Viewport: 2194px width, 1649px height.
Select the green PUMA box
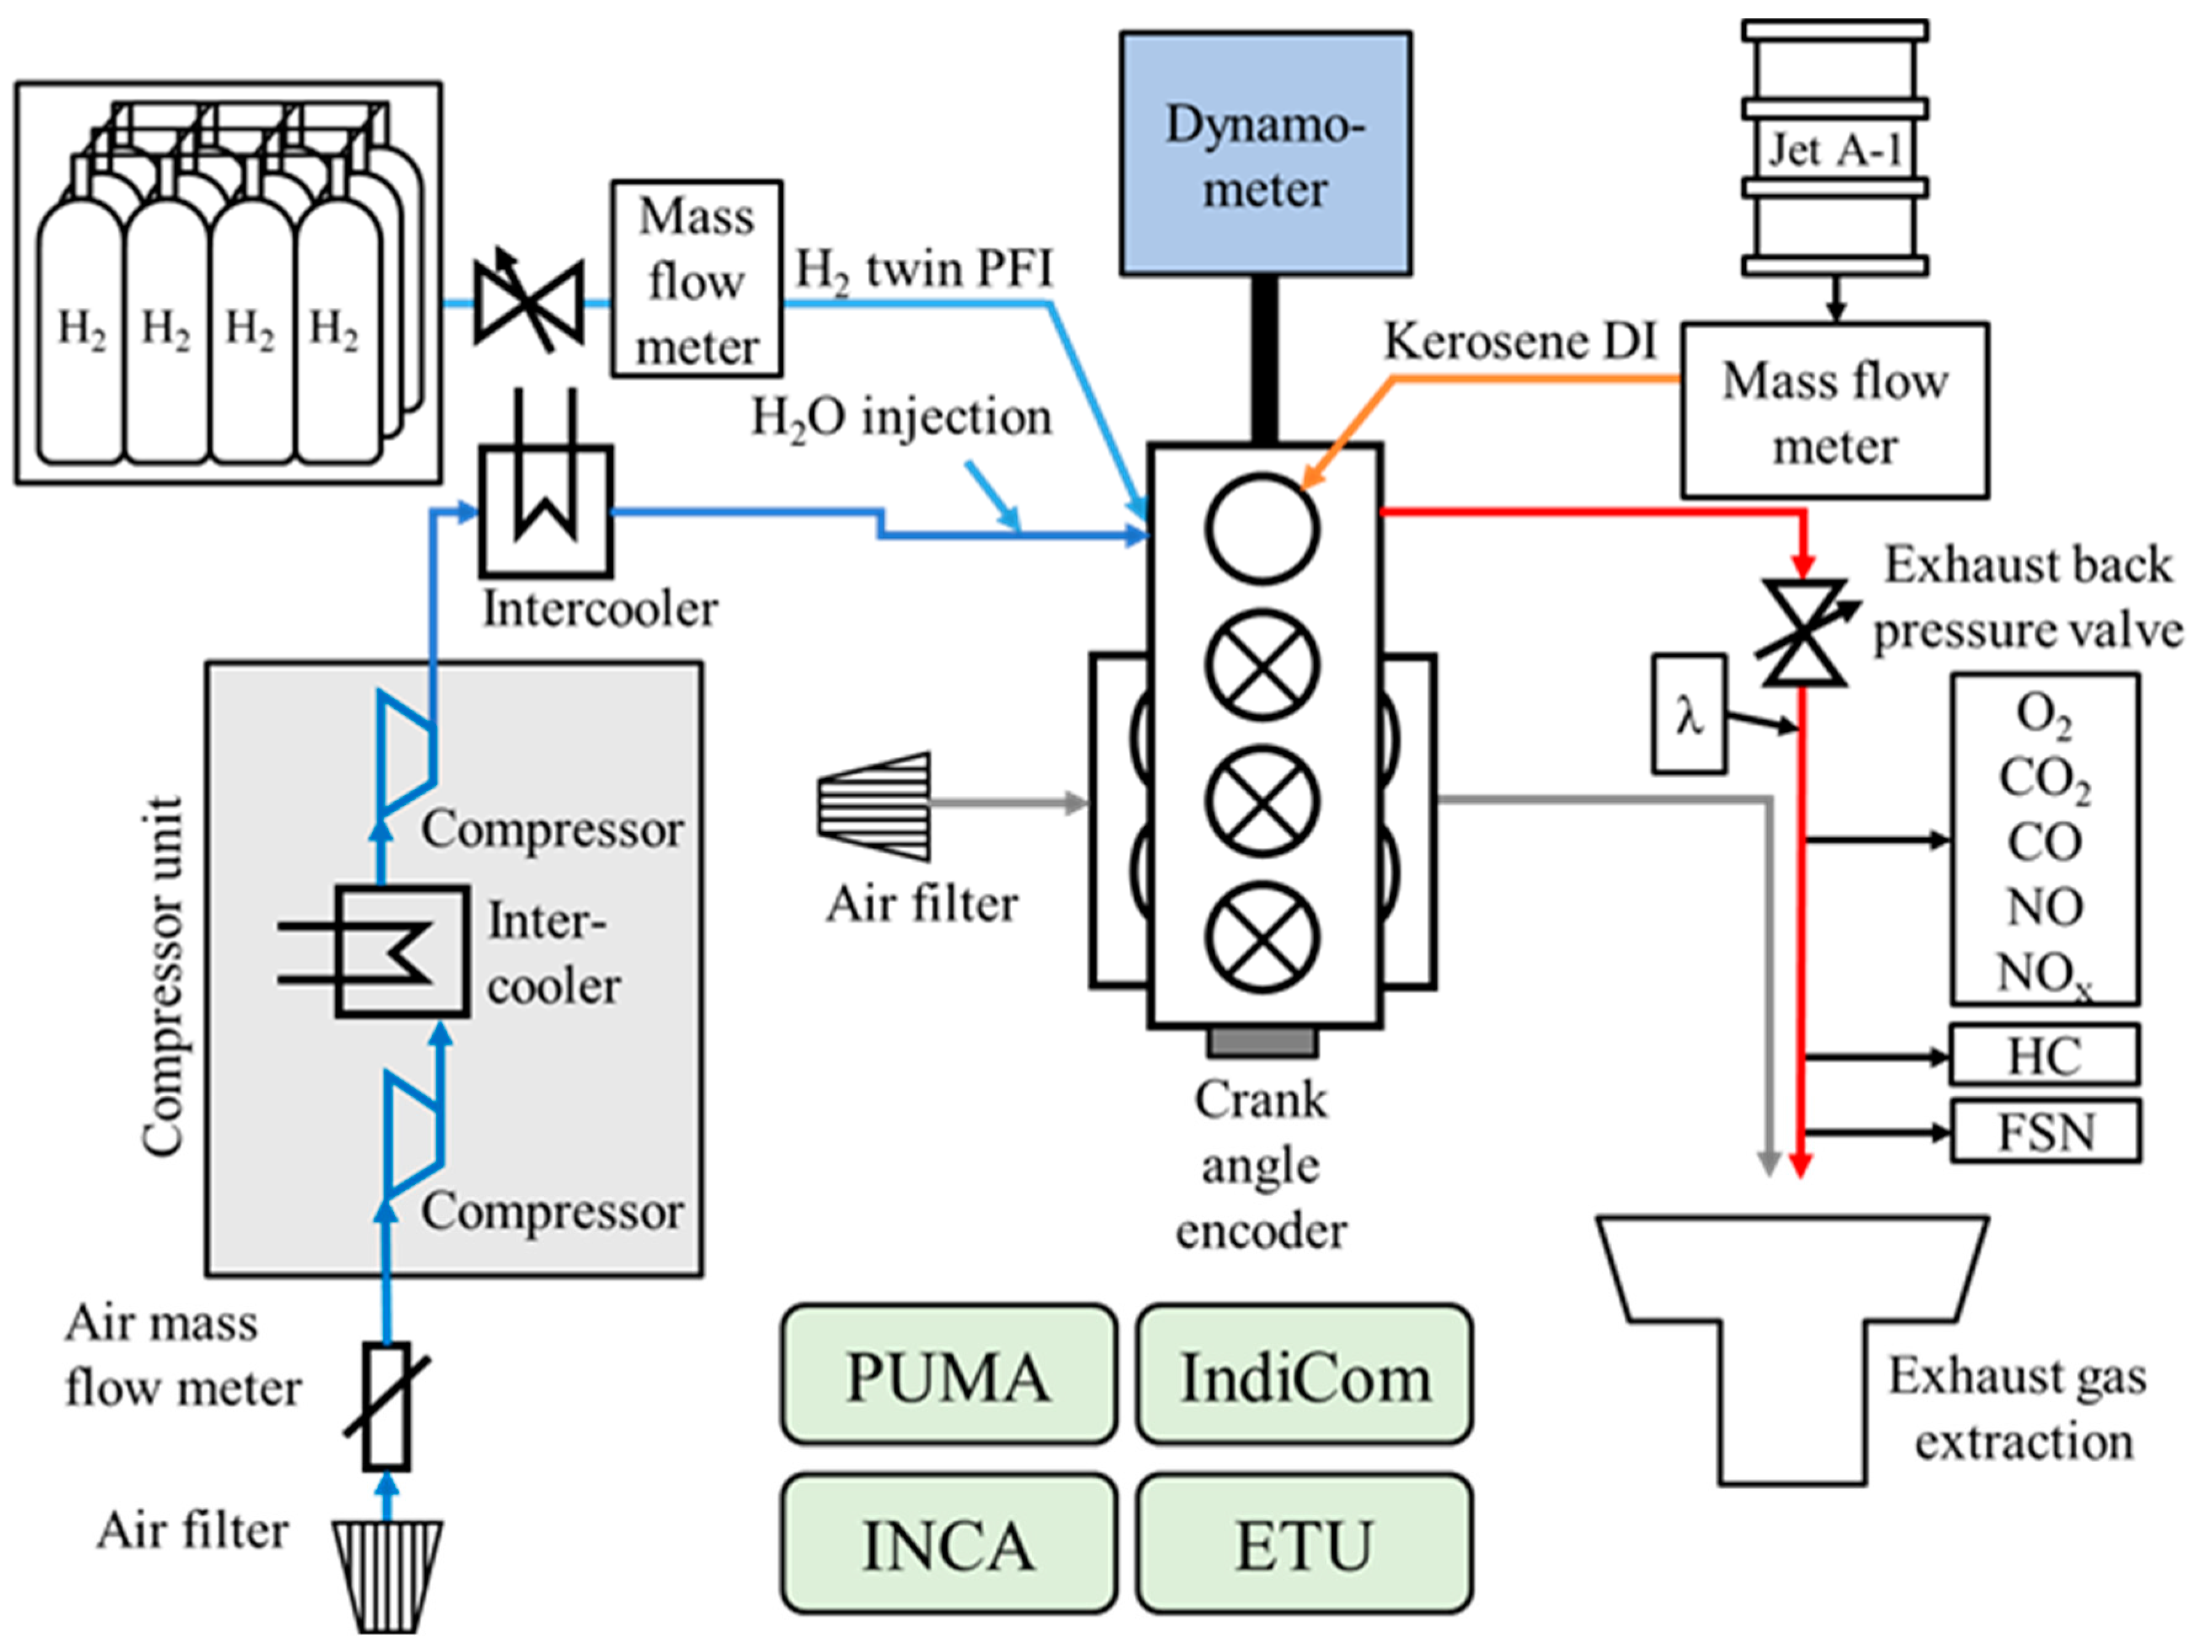948,1373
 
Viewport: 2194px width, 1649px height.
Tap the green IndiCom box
1304,1373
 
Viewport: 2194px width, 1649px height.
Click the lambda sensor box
1688,714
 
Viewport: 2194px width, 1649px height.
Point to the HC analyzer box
2044,1055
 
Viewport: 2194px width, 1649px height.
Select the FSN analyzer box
2044,1130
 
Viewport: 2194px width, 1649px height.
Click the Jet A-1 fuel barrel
1835,149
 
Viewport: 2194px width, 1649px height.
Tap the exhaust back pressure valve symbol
1803,633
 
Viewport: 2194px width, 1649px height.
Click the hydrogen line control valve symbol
528,303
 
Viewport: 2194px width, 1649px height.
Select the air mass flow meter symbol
386,1406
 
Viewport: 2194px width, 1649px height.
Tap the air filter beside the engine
875,805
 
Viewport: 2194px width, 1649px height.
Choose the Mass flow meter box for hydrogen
696,279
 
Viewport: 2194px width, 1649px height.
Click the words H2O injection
901,417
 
